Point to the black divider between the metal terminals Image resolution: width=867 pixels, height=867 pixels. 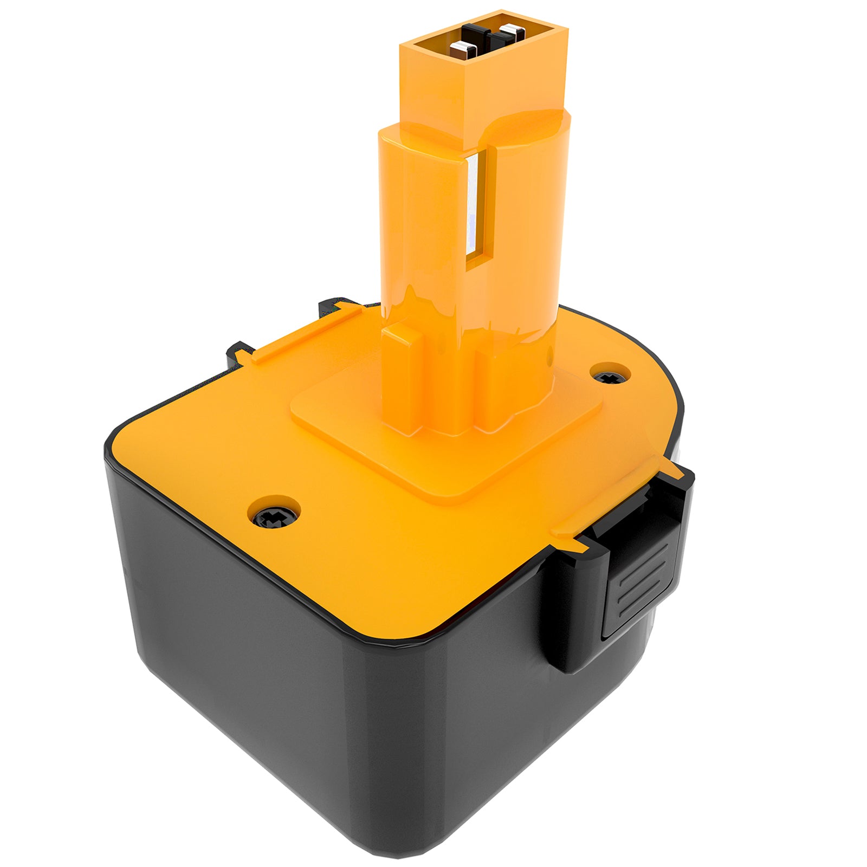click(x=491, y=39)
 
